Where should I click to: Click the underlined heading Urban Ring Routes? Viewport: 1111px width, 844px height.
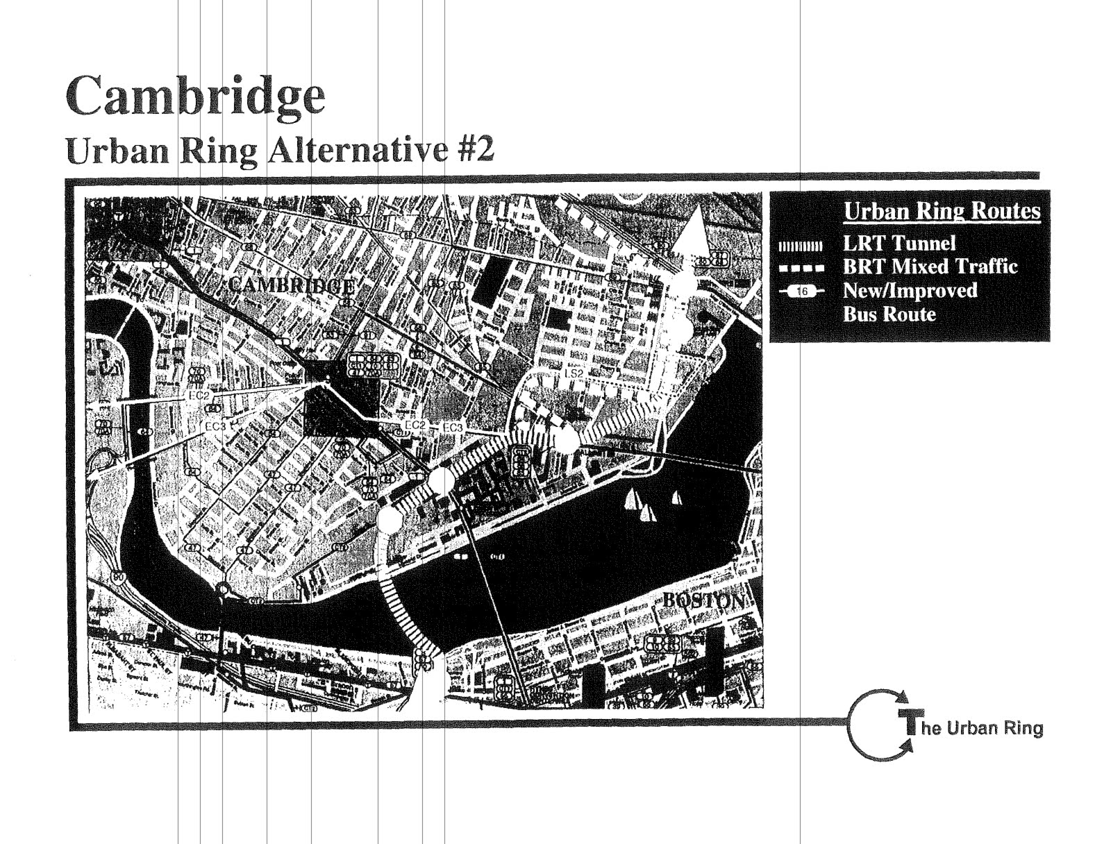point(942,211)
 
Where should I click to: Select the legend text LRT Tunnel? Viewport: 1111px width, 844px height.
point(899,243)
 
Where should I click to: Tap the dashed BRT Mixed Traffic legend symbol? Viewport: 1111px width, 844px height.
point(800,268)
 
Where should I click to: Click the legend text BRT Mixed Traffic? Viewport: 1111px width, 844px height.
point(930,267)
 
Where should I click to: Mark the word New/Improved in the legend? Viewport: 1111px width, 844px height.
point(910,290)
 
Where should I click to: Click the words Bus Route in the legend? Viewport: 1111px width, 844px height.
point(889,314)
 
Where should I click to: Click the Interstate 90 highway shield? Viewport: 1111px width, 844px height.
point(122,576)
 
